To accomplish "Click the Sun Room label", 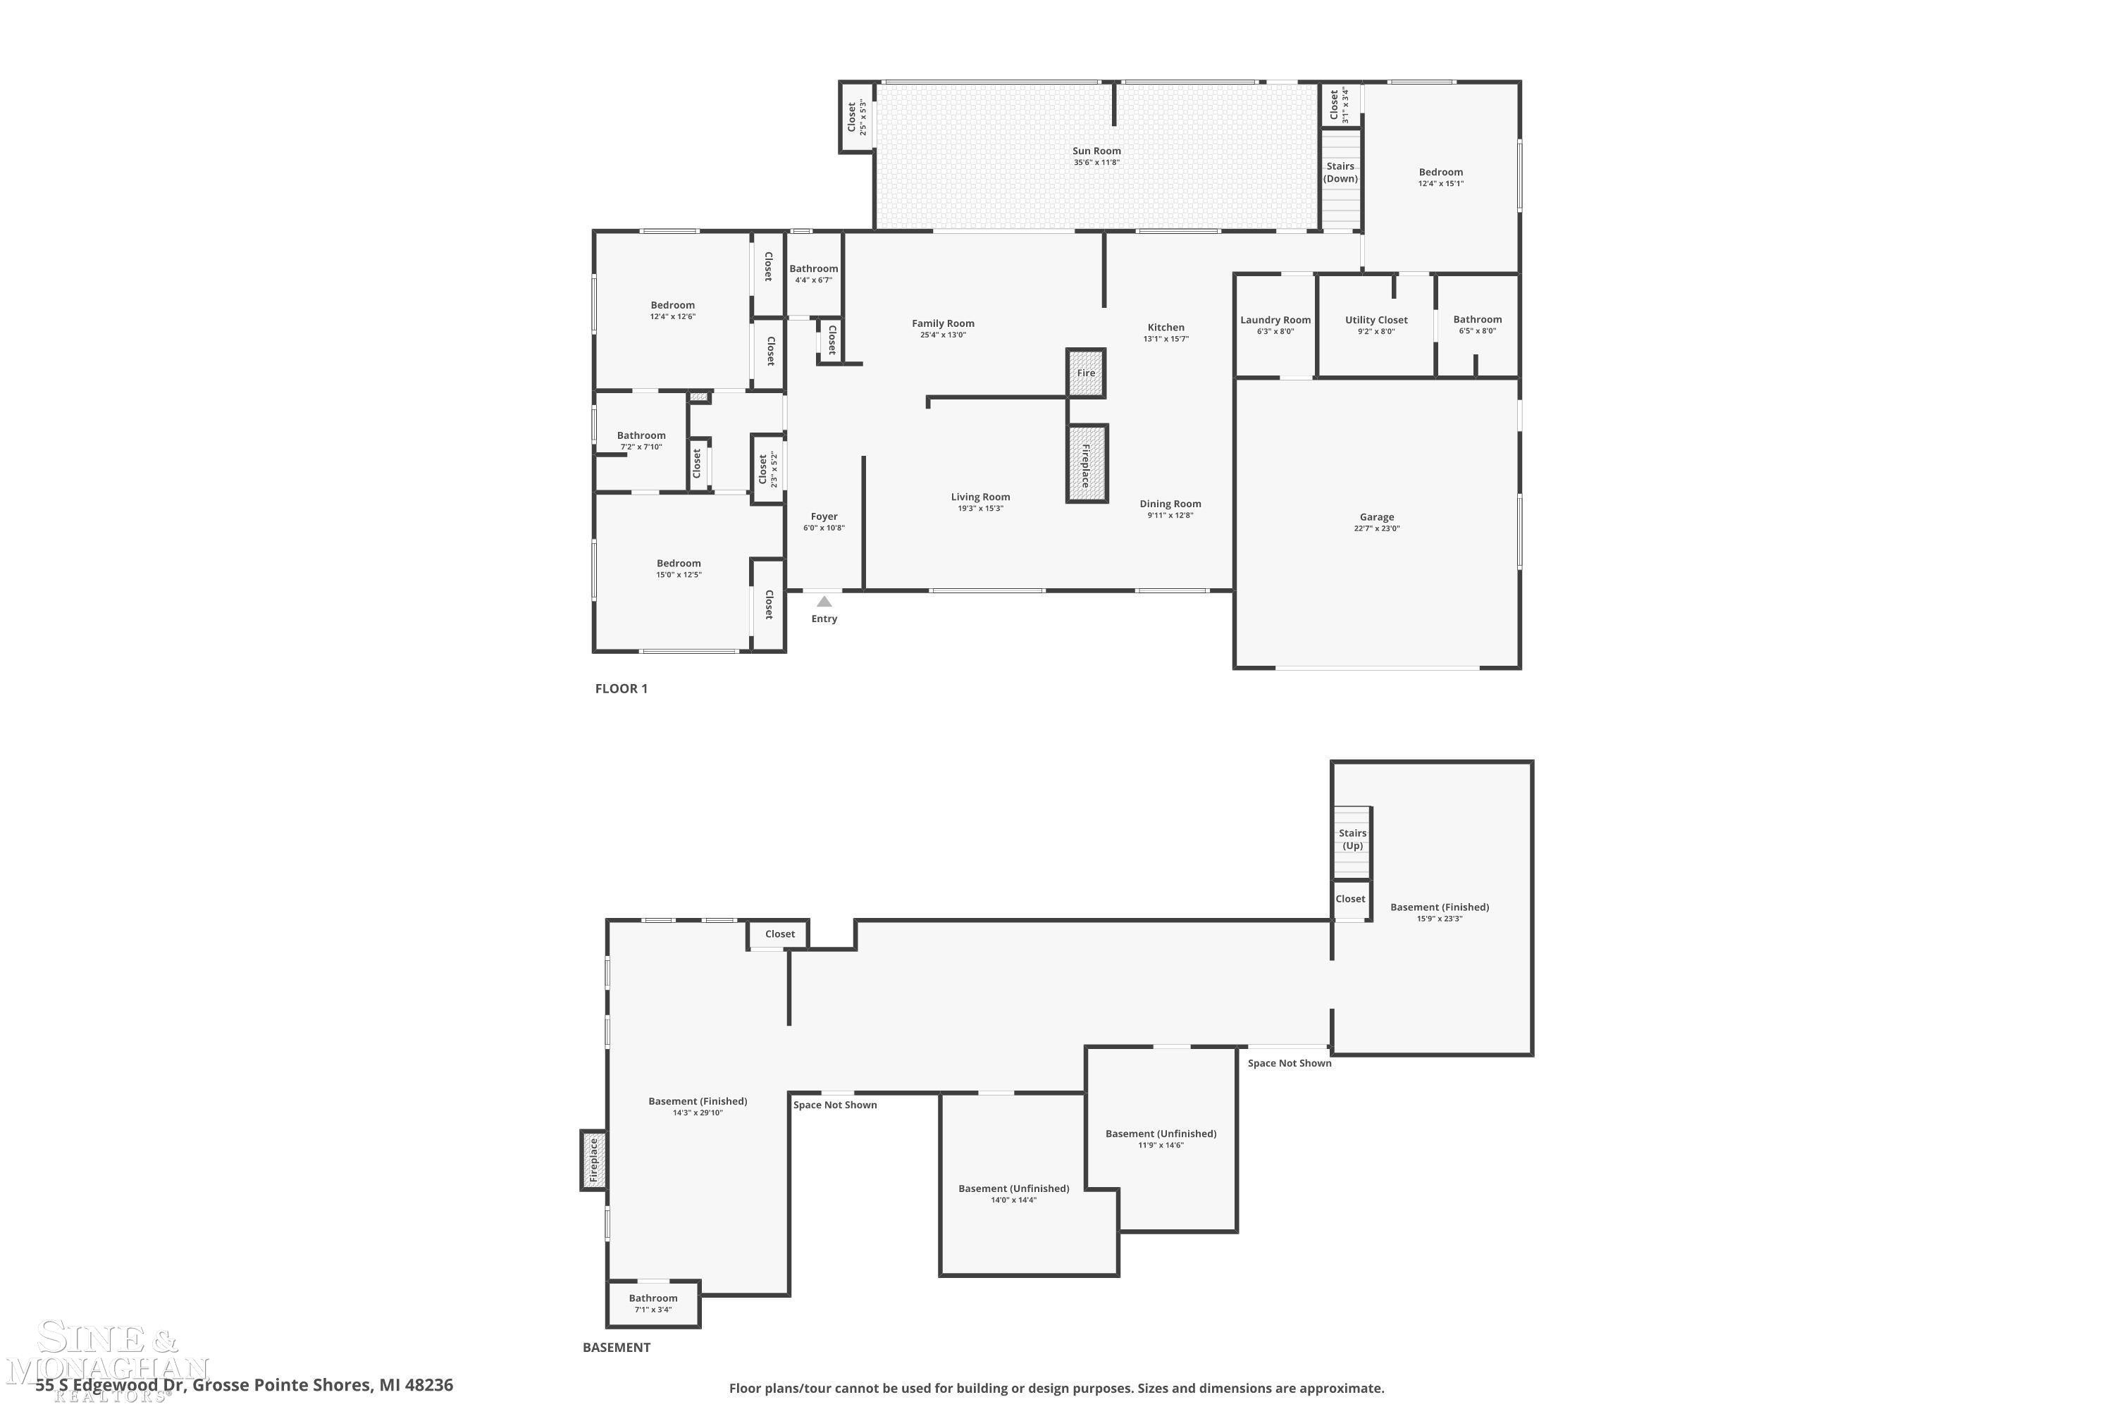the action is pyautogui.click(x=1096, y=151).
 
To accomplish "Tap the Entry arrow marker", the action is pyautogui.click(x=824, y=601).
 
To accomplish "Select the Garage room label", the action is pyautogui.click(x=1377, y=516).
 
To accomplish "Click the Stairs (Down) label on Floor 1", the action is pyautogui.click(x=1340, y=173).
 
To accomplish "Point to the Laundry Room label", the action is pyautogui.click(x=1275, y=320).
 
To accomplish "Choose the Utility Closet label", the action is pyautogui.click(x=1376, y=320).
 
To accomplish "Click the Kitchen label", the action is pyautogui.click(x=1166, y=327).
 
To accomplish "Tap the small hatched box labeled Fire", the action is pyautogui.click(x=1086, y=373).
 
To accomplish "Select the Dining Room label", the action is pyautogui.click(x=1170, y=504).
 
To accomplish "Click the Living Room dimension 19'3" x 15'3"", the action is pyautogui.click(x=981, y=509).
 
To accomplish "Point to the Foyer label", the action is pyautogui.click(x=824, y=516).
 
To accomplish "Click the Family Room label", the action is pyautogui.click(x=943, y=323).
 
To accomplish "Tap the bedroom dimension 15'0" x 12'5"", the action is pyautogui.click(x=679, y=575).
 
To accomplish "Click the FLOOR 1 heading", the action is pyautogui.click(x=621, y=688).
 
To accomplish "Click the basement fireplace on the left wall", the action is pyautogui.click(x=593, y=1160).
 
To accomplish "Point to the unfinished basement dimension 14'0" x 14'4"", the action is pyautogui.click(x=1014, y=1200).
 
